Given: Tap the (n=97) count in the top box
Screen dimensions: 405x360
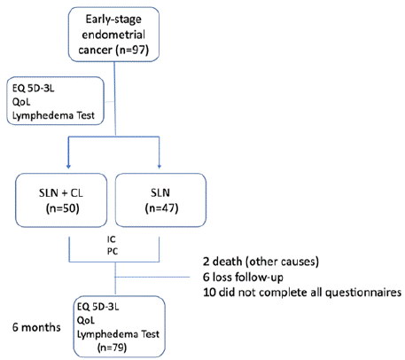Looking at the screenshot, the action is click(132, 50).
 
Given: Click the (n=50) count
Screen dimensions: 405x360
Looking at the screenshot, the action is click(63, 208).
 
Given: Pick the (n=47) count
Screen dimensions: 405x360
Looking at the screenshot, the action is click(161, 208).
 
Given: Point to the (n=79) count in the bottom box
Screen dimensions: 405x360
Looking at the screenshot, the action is click(112, 348).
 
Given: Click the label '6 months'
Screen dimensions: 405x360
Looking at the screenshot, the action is click(36, 327).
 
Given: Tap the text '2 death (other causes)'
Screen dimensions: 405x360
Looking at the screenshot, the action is click(261, 262).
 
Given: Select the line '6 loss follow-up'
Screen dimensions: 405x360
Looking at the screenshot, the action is click(243, 277).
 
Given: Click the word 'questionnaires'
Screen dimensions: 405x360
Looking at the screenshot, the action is click(363, 293).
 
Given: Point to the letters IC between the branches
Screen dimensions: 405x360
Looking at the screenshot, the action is click(112, 239).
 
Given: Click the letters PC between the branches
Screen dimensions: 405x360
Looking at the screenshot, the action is click(113, 251).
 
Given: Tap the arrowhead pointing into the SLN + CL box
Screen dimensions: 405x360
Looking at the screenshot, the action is click(68, 167).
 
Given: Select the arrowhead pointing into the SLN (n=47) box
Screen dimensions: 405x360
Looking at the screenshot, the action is click(160, 167).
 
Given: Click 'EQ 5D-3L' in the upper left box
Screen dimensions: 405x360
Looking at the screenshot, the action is click(34, 88).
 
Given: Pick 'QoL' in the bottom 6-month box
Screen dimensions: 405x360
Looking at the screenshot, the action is click(86, 320).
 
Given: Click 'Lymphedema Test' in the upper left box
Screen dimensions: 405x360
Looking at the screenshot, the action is click(53, 115).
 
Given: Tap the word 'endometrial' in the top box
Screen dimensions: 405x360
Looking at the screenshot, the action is click(113, 35).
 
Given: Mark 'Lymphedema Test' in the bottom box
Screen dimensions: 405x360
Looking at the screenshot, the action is click(118, 334).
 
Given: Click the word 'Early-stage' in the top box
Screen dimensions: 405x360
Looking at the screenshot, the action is click(113, 20).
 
